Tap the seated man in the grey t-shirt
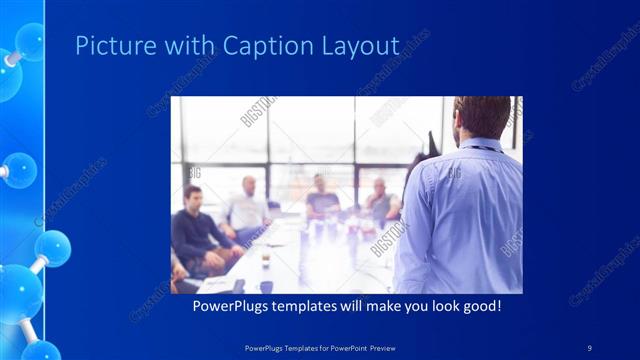click(x=321, y=197)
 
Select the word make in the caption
click(x=376, y=305)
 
